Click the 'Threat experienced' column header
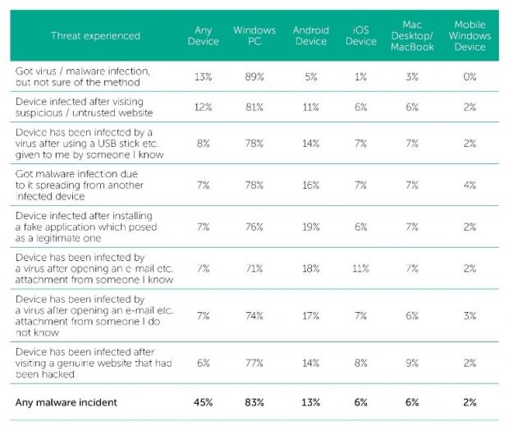coord(95,36)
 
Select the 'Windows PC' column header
coord(254,36)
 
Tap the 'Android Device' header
coord(310,36)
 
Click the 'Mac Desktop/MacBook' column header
coord(413,36)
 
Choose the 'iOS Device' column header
coord(360,36)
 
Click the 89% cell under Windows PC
coord(254,76)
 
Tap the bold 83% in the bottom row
coord(254,402)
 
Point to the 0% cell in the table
coord(470,76)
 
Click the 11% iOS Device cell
coord(360,268)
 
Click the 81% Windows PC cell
coord(254,108)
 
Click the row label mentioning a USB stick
coord(90,143)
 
